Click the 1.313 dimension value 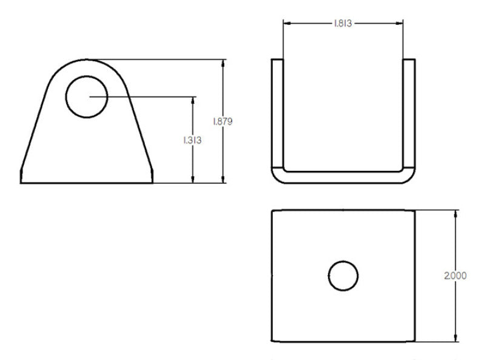192,140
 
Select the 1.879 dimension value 222,121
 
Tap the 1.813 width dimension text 343,24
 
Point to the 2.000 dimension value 455,275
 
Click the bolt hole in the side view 87,97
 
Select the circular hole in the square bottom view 343,276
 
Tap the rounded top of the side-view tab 87,61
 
